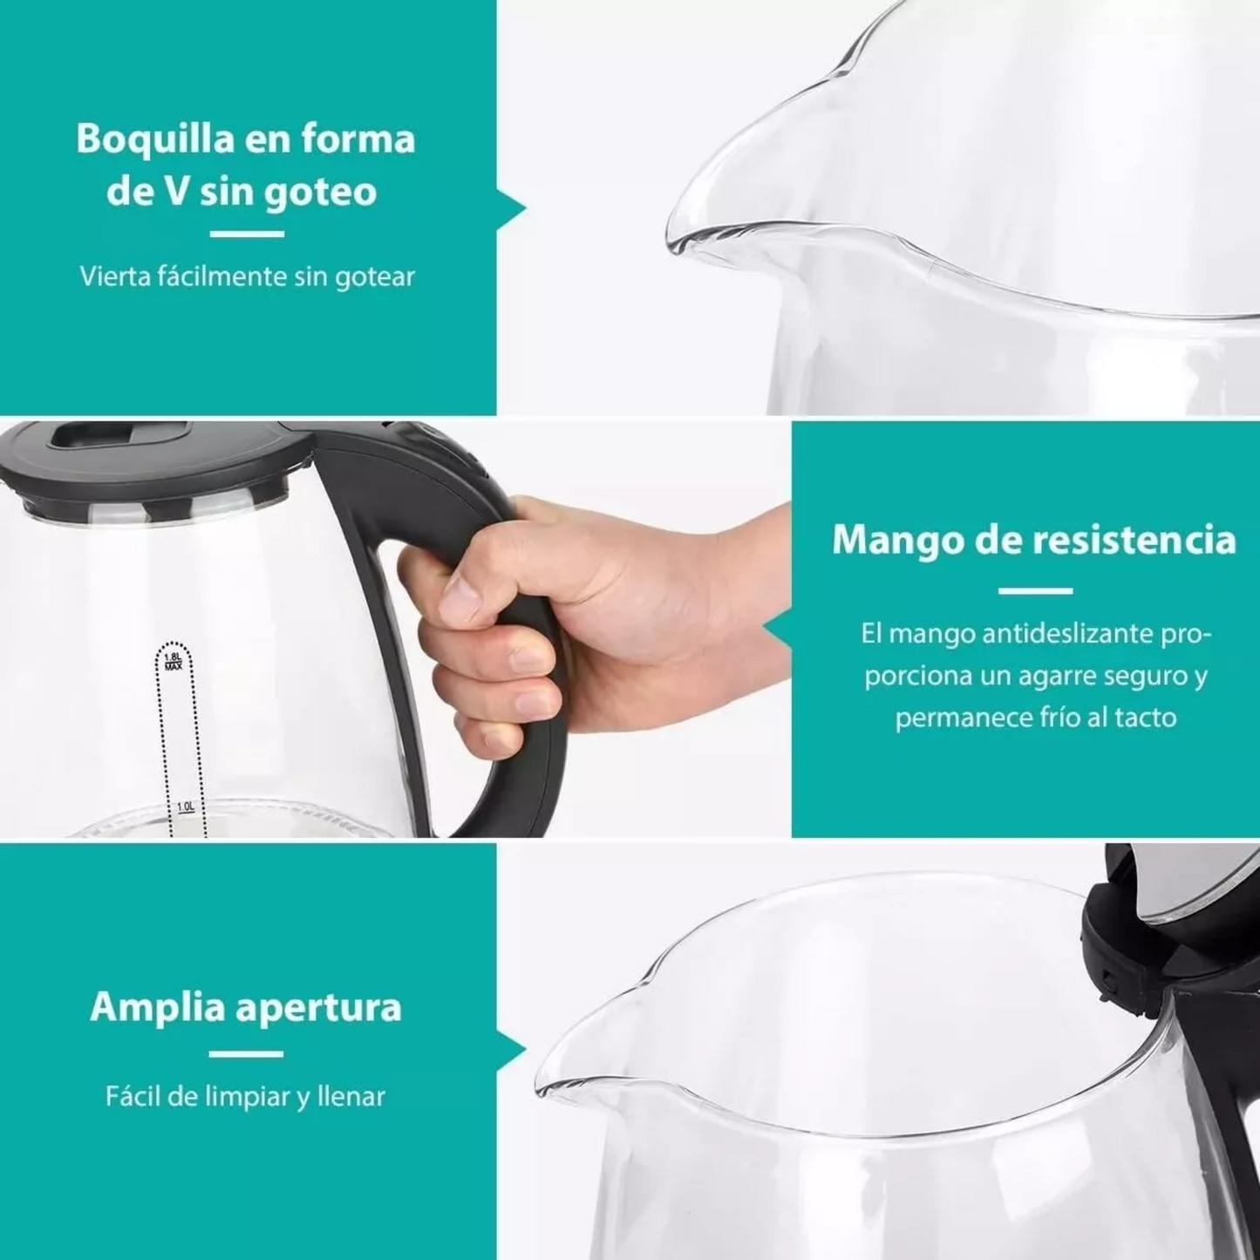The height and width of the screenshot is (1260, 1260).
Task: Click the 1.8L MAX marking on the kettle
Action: [x=174, y=661]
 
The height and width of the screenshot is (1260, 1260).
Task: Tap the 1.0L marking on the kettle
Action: [x=186, y=807]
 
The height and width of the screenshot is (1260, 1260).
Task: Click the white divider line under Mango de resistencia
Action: [x=1035, y=591]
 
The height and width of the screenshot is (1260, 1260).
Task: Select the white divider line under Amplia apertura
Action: [x=247, y=1053]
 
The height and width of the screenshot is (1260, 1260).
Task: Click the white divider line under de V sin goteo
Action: [x=247, y=234]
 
